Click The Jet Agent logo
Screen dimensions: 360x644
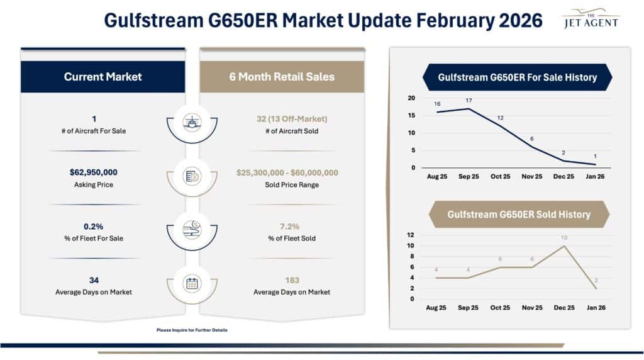pos(591,18)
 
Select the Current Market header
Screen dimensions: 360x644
pos(103,77)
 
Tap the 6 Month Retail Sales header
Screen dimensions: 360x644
pos(282,77)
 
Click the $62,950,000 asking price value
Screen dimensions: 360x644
pos(93,172)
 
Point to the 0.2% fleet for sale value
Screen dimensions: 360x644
pos(93,226)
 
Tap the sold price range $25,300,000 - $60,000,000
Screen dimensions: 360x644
pos(287,172)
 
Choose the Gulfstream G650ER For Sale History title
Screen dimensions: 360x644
pos(517,77)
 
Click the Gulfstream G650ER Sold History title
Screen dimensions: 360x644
pos(519,215)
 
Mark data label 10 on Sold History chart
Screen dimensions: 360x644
pos(564,237)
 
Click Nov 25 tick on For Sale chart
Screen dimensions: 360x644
pos(531,177)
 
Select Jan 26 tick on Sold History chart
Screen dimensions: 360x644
pos(596,308)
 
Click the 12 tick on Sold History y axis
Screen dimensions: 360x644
pos(411,235)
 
